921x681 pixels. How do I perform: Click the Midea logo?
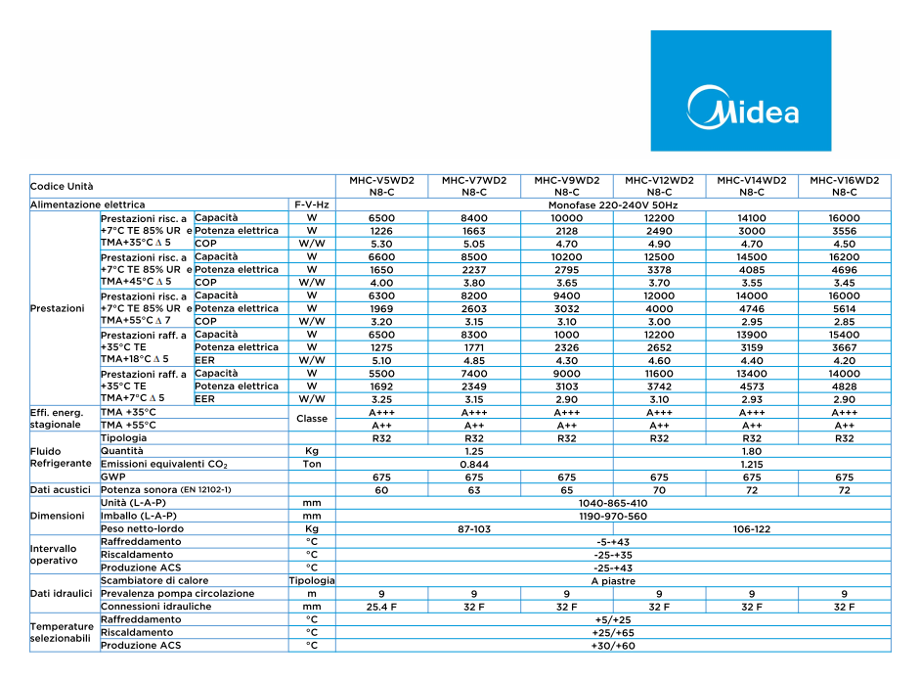pyautogui.click(x=743, y=107)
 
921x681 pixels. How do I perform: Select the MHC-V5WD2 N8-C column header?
pyautogui.click(x=381, y=186)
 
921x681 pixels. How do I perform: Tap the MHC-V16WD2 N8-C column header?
pyautogui.click(x=845, y=186)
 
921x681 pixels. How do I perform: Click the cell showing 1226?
pyautogui.click(x=381, y=231)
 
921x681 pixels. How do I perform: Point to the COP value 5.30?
pyautogui.click(x=381, y=244)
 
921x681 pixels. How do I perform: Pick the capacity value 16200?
pyautogui.click(x=845, y=257)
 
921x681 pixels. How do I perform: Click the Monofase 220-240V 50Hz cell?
pyautogui.click(x=613, y=205)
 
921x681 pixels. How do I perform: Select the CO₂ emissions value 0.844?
pyautogui.click(x=474, y=465)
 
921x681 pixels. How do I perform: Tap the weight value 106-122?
pyautogui.click(x=752, y=528)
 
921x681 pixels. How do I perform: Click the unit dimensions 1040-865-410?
pyautogui.click(x=613, y=503)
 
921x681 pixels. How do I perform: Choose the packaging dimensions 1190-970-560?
pyautogui.click(x=613, y=516)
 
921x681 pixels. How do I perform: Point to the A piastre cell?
pyautogui.click(x=613, y=581)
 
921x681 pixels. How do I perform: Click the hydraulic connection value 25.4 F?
pyautogui.click(x=381, y=607)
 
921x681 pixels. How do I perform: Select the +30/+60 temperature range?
pyautogui.click(x=613, y=646)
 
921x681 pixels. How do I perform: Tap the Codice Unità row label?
pyautogui.click(x=63, y=186)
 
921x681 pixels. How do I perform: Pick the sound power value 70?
pyautogui.click(x=659, y=489)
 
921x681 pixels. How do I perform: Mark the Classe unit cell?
pyautogui.click(x=312, y=419)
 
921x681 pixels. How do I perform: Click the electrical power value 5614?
pyautogui.click(x=845, y=308)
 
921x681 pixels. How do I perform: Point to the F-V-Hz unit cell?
pyautogui.click(x=312, y=205)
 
